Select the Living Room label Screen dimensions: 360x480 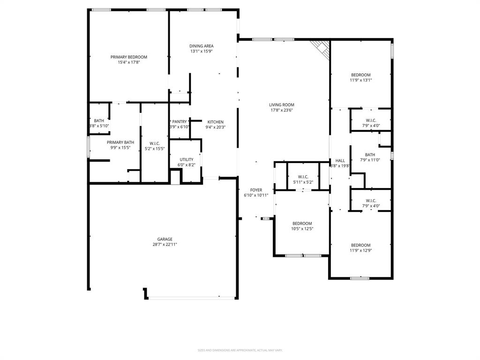pos(281,105)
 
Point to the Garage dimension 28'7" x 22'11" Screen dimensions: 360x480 pos(165,244)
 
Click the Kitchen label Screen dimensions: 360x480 pos(215,122)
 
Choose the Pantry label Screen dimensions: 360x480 pos(179,121)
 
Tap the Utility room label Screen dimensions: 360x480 pos(186,159)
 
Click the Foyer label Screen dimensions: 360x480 pos(256,190)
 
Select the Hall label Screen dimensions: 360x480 pos(340,160)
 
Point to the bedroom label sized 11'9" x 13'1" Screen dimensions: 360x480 pos(360,75)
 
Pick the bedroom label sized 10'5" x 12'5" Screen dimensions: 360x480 pos(302,224)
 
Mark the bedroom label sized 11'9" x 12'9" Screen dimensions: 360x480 pos(360,245)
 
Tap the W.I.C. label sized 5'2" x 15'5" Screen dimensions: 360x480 pos(154,143)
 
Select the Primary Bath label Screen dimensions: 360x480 pos(120,142)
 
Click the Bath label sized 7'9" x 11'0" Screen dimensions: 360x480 pos(370,155)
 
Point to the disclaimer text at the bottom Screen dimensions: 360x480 pos(240,350)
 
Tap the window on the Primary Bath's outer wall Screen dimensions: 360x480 pos(88,146)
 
